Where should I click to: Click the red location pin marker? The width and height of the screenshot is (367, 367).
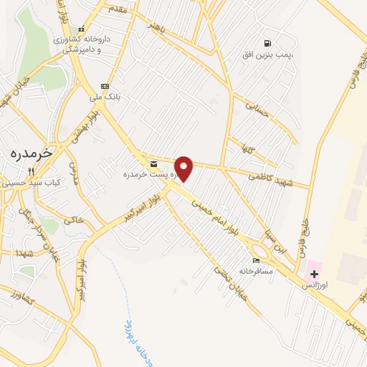(184, 168)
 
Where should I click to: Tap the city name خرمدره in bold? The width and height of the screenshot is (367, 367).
(32, 153)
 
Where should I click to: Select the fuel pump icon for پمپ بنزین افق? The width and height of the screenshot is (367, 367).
(268, 43)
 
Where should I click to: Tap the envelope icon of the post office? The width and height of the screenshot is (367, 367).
(153, 165)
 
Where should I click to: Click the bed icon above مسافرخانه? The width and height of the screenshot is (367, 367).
(256, 260)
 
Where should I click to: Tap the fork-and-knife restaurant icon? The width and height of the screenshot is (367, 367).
(31, 172)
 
